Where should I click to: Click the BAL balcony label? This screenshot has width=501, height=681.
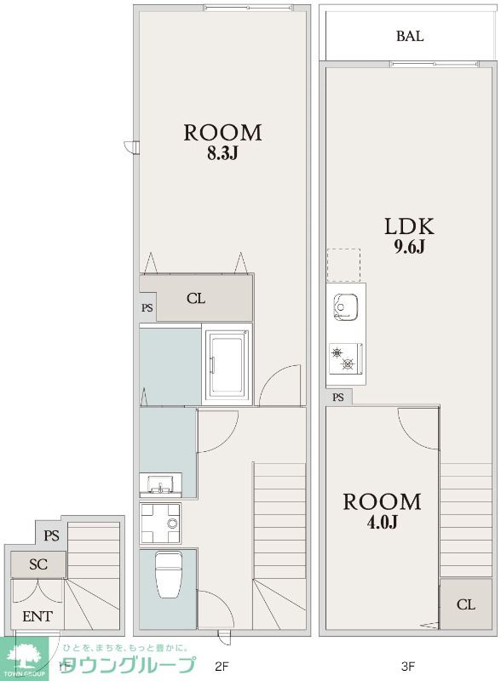point(410,36)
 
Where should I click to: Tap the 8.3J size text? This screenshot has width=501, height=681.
point(222,153)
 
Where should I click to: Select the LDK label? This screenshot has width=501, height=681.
point(409,226)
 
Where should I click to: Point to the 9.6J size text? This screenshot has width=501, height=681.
point(409,247)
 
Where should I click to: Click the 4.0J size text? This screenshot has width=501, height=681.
point(383,522)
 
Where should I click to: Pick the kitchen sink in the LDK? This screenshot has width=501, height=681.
point(346,307)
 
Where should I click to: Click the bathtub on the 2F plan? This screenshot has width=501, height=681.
point(227,363)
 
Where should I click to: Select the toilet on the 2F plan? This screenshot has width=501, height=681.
point(169,574)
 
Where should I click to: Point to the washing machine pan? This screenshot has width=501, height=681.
point(160,523)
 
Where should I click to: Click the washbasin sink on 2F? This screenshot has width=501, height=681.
point(160,484)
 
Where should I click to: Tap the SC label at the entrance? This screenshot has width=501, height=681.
point(37,564)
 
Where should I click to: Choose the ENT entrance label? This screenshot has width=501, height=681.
point(37,616)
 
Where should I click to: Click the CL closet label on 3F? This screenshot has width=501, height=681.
point(466,604)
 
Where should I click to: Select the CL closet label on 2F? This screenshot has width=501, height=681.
point(196,299)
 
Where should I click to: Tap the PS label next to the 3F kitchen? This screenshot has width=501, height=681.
point(338,397)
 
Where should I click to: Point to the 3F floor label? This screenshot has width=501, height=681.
point(409,666)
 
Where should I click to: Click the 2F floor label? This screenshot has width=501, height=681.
point(222,666)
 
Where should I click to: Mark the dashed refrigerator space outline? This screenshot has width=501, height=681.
point(343,266)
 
